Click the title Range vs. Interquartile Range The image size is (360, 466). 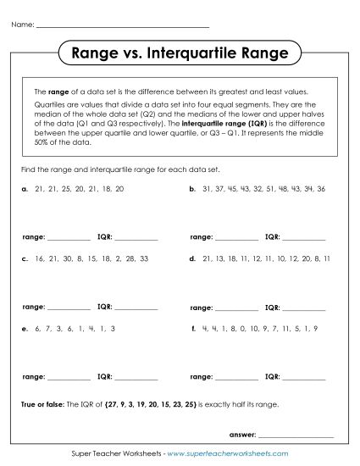point(180,53)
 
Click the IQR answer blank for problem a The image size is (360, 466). point(135,237)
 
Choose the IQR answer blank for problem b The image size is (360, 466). point(303,237)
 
